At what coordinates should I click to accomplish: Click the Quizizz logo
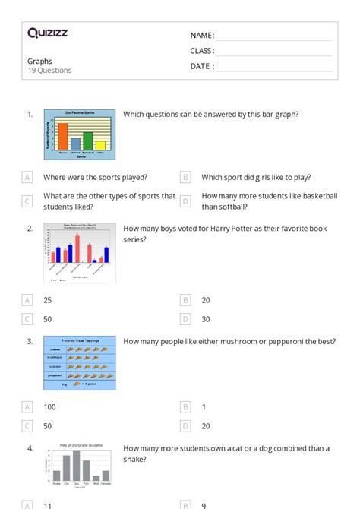(x=47, y=33)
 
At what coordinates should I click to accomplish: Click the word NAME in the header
(x=201, y=36)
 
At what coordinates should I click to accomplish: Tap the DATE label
(x=201, y=66)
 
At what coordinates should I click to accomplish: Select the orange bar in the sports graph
(x=63, y=137)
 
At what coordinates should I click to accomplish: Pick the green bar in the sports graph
(x=88, y=141)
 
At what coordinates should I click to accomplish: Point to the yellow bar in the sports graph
(x=101, y=146)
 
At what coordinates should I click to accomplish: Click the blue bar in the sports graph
(x=75, y=144)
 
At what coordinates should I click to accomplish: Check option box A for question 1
(x=27, y=177)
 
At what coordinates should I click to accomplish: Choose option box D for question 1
(x=185, y=201)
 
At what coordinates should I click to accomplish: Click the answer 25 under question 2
(x=49, y=299)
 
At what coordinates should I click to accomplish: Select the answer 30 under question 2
(x=206, y=319)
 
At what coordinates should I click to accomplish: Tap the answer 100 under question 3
(x=50, y=406)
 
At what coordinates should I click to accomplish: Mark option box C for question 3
(x=27, y=426)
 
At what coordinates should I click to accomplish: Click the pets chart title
(x=81, y=446)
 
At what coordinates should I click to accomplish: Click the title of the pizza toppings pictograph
(x=80, y=340)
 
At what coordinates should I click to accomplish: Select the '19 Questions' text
(x=50, y=71)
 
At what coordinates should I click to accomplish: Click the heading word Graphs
(x=40, y=61)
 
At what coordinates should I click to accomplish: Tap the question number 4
(x=30, y=448)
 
